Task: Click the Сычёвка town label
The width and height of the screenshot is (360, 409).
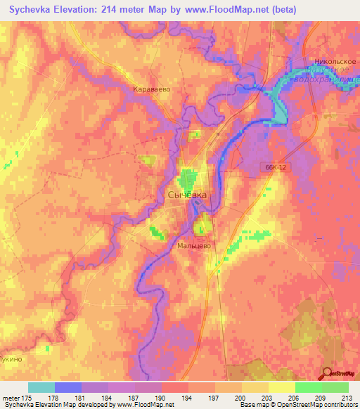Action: [187, 195]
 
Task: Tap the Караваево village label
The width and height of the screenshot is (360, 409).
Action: [153, 90]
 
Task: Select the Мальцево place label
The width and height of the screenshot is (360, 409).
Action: [195, 246]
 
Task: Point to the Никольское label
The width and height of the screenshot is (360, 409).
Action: [333, 61]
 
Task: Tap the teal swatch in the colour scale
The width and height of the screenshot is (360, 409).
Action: [41, 387]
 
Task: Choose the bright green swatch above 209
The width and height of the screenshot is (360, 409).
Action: [308, 387]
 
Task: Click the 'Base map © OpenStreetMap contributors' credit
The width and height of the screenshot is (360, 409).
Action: [297, 405]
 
